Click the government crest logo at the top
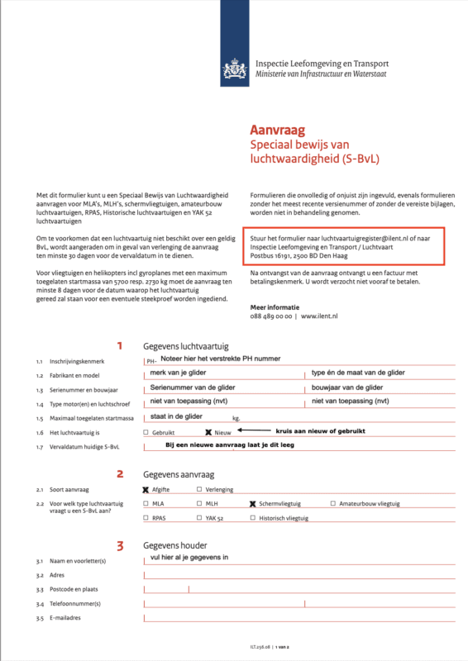(x=234, y=65)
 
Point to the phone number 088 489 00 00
(x=272, y=315)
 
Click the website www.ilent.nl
(x=321, y=315)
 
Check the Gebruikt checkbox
(x=146, y=432)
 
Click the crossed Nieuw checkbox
(x=208, y=432)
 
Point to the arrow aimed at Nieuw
(x=256, y=431)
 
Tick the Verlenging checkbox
(x=198, y=489)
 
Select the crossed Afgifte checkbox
(x=146, y=489)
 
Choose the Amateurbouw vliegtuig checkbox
(x=333, y=503)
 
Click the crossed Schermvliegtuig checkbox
(x=252, y=503)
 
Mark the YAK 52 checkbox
(x=198, y=518)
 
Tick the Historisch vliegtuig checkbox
(x=252, y=518)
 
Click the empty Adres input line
(x=298, y=574)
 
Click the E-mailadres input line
(x=298, y=617)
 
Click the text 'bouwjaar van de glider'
(x=346, y=388)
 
